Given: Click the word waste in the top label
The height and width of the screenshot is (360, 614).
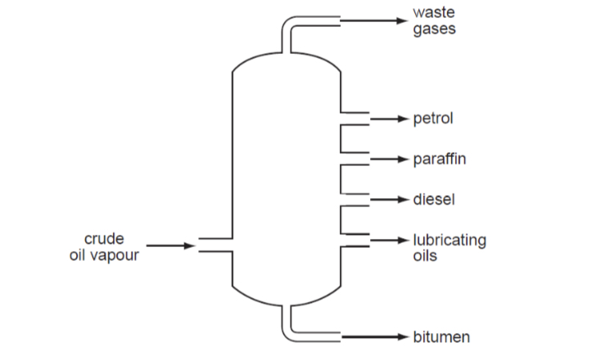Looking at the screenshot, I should click(434, 13).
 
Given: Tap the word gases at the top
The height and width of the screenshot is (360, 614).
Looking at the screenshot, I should click(434, 29).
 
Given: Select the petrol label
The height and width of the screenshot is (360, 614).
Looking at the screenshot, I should click(433, 119).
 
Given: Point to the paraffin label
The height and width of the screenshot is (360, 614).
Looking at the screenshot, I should click(440, 159).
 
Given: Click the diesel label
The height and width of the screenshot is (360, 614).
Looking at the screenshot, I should click(434, 199).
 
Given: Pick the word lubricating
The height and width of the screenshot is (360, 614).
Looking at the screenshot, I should click(449, 241).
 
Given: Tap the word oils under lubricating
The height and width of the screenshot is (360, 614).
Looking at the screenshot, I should click(426, 256).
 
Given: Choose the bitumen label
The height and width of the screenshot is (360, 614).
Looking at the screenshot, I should click(441, 337).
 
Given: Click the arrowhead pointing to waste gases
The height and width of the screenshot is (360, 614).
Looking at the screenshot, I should click(402, 20).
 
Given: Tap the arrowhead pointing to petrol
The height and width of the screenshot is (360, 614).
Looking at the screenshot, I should click(402, 119).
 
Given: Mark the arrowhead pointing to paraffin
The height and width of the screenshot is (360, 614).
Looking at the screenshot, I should click(402, 159).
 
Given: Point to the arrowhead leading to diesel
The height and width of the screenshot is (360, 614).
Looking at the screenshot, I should click(402, 199).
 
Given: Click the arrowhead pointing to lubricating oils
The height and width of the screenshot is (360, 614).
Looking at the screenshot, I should click(402, 241).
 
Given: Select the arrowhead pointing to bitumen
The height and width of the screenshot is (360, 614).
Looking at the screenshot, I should click(402, 337).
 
